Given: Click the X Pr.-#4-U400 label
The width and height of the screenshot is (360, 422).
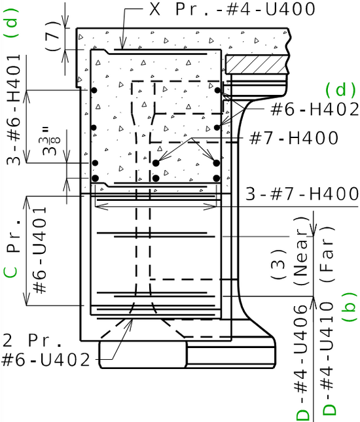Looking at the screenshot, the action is [x=232, y=9].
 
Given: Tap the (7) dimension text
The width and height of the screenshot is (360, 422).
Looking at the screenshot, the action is [x=53, y=36].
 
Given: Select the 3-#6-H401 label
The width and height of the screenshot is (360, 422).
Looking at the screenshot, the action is [x=14, y=109].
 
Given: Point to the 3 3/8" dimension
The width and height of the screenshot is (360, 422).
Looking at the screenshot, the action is [x=51, y=142].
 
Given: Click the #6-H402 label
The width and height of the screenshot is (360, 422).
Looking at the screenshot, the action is [x=314, y=109].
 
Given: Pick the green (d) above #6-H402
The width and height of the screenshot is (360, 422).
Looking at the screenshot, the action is [x=341, y=90].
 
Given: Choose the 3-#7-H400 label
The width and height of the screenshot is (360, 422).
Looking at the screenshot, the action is [x=302, y=194].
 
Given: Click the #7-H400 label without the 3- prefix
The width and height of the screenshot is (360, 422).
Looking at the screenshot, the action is [x=293, y=137].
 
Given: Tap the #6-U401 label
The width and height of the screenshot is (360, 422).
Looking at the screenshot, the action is [x=39, y=250].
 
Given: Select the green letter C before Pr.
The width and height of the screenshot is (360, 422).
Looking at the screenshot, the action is [x=10, y=272].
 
